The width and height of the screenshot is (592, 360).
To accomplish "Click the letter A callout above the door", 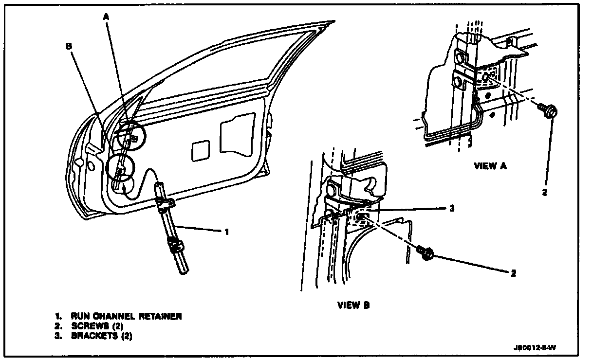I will coord(106,17).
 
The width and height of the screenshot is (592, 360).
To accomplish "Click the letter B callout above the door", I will coord(69,46).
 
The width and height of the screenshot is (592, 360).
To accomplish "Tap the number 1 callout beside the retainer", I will coord(226,232).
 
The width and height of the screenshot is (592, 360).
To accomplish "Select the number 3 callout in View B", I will coord(451,208).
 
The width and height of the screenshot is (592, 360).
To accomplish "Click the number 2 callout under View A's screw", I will coord(544,192).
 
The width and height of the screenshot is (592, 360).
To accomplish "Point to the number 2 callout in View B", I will coord(513,273).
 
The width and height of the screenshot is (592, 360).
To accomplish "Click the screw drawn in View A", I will coord(548,111).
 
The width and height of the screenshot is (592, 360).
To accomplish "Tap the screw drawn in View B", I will coord(425,253).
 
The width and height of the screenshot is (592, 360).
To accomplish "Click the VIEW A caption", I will coord(490,166).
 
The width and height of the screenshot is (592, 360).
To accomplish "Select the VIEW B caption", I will coord(353,306).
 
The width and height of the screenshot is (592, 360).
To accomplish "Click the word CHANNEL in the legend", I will coord(108,317).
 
